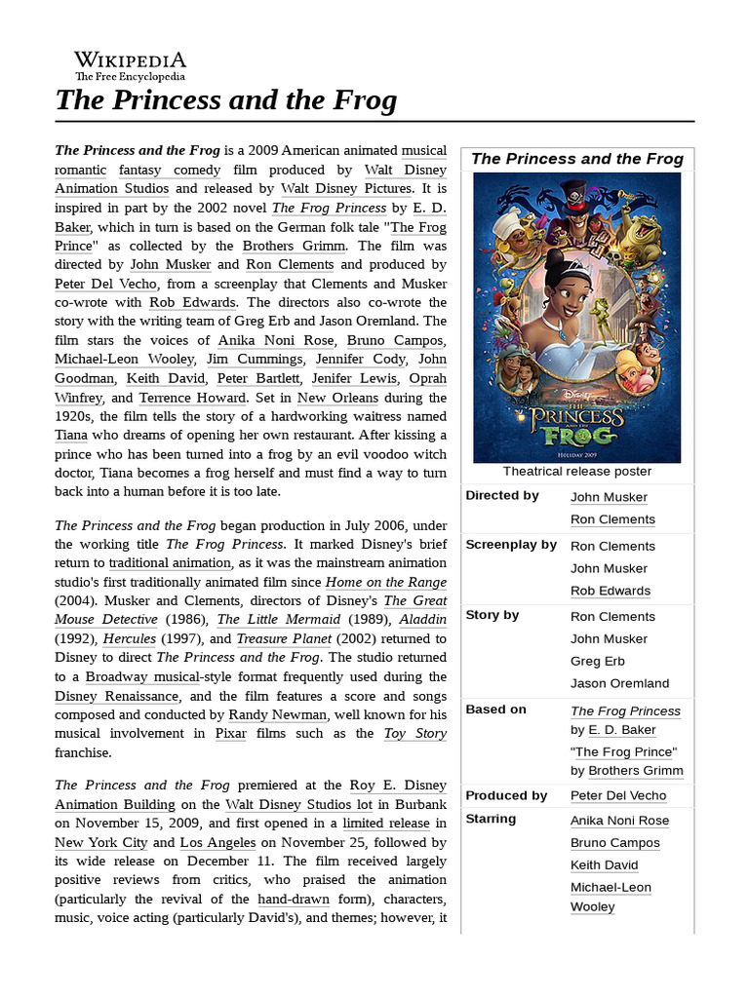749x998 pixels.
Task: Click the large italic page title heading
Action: [225, 100]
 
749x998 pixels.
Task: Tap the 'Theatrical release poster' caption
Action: [577, 472]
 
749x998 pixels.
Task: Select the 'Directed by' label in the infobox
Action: [502, 495]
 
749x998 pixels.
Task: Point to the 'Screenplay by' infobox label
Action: [511, 545]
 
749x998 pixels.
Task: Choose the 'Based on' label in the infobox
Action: [495, 710]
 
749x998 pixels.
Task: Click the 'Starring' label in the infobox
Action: [491, 819]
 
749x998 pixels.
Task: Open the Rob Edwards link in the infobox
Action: [611, 591]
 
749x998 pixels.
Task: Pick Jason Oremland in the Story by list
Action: [619, 683]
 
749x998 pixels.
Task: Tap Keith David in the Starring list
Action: [605, 865]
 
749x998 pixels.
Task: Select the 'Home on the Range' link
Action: [386, 582]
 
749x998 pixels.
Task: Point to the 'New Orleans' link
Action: [338, 398]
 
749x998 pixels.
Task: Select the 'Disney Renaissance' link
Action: [117, 696]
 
